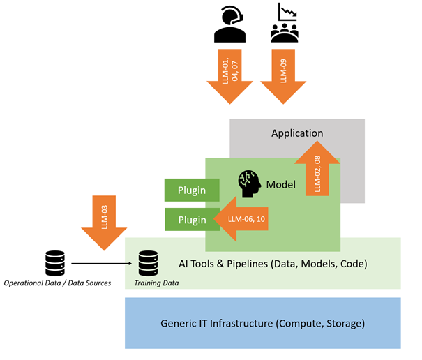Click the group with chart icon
click(284, 23)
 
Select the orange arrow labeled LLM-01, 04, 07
click(229, 77)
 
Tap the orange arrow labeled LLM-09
click(284, 77)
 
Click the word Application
click(297, 133)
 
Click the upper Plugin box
click(192, 189)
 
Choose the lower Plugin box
click(192, 220)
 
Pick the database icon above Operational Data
click(55, 263)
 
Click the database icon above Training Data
click(147, 263)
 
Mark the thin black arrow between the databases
click(101, 264)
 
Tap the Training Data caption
click(156, 283)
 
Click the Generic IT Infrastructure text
click(262, 324)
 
